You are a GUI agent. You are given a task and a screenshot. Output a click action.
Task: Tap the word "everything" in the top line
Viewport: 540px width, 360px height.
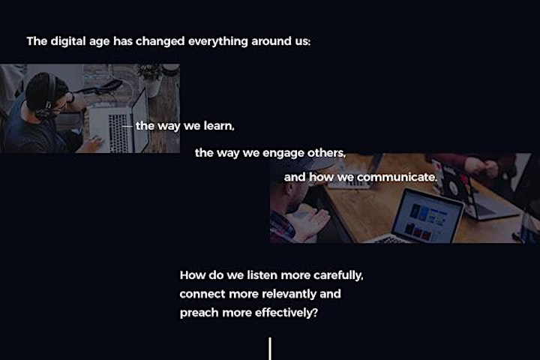218,41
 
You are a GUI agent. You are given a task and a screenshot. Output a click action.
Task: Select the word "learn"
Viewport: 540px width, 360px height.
219,126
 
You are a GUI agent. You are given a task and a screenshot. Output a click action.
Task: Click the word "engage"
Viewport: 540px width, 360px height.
283,153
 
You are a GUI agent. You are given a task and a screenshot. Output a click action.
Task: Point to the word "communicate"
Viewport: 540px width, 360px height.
397,177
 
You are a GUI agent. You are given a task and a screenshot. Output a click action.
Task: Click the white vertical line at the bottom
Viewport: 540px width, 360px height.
270,349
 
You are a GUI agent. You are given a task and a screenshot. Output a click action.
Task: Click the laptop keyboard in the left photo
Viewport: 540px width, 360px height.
118,133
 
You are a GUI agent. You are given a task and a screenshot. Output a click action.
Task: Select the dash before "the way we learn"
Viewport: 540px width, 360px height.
127,127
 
